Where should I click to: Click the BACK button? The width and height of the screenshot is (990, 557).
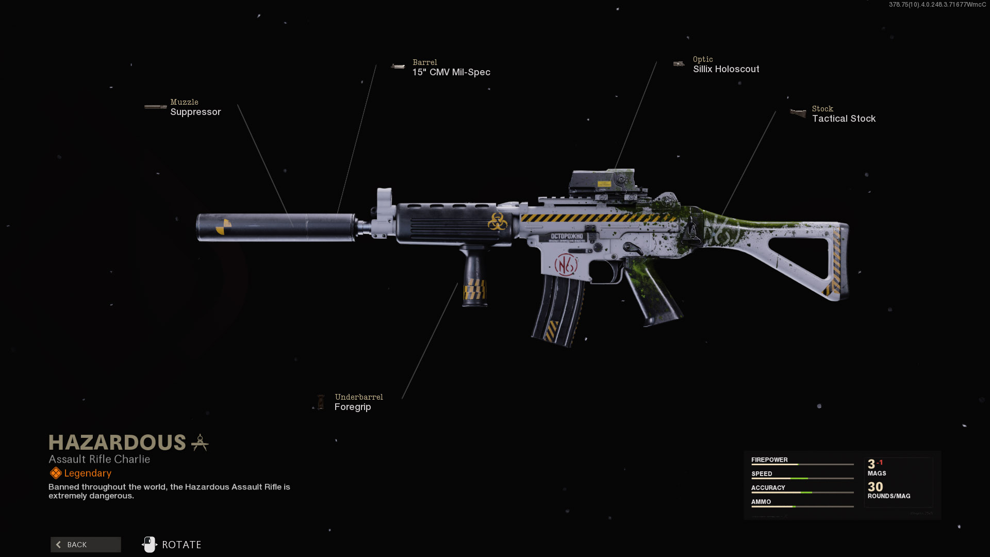[86, 545]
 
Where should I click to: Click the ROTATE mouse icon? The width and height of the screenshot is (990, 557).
[150, 545]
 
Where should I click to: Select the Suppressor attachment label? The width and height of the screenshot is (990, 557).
[195, 112]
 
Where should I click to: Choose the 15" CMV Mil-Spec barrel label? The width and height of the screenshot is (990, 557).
[451, 72]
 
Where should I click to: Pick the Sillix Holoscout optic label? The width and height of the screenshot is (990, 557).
[726, 69]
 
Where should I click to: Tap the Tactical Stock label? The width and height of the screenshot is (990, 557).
[844, 119]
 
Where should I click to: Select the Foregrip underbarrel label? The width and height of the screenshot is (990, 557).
[353, 407]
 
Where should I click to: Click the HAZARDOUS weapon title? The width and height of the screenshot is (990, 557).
[117, 443]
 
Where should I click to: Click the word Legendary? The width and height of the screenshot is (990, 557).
[88, 473]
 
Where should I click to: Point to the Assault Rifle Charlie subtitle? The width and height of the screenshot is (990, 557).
[99, 460]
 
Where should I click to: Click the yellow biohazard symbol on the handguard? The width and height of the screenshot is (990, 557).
[498, 222]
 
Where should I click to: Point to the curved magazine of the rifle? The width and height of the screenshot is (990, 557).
[559, 309]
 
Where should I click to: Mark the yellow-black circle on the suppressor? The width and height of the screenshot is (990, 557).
[223, 226]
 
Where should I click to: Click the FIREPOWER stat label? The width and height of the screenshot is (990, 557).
[769, 460]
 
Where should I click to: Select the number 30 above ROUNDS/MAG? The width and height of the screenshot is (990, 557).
[875, 487]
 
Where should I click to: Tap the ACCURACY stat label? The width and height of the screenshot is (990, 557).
[768, 487]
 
